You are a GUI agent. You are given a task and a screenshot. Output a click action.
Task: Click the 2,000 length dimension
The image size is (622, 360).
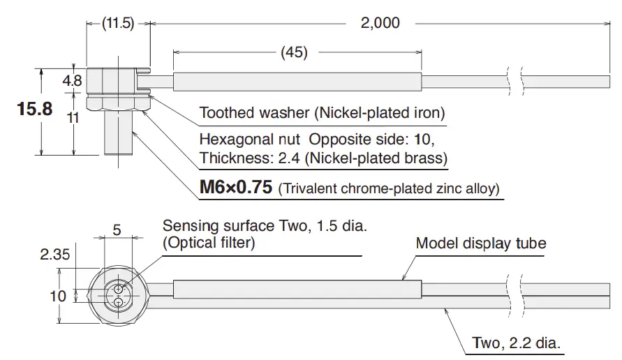tap(380, 23)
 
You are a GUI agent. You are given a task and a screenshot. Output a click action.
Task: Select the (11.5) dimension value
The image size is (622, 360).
tap(117, 23)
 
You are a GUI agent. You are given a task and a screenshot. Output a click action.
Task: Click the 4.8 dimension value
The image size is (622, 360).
tap(72, 81)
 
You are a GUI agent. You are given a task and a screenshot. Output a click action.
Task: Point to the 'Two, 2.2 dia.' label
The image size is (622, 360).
tap(517, 343)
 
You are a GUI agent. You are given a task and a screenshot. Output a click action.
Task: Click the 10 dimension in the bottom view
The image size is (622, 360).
tap(58, 296)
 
